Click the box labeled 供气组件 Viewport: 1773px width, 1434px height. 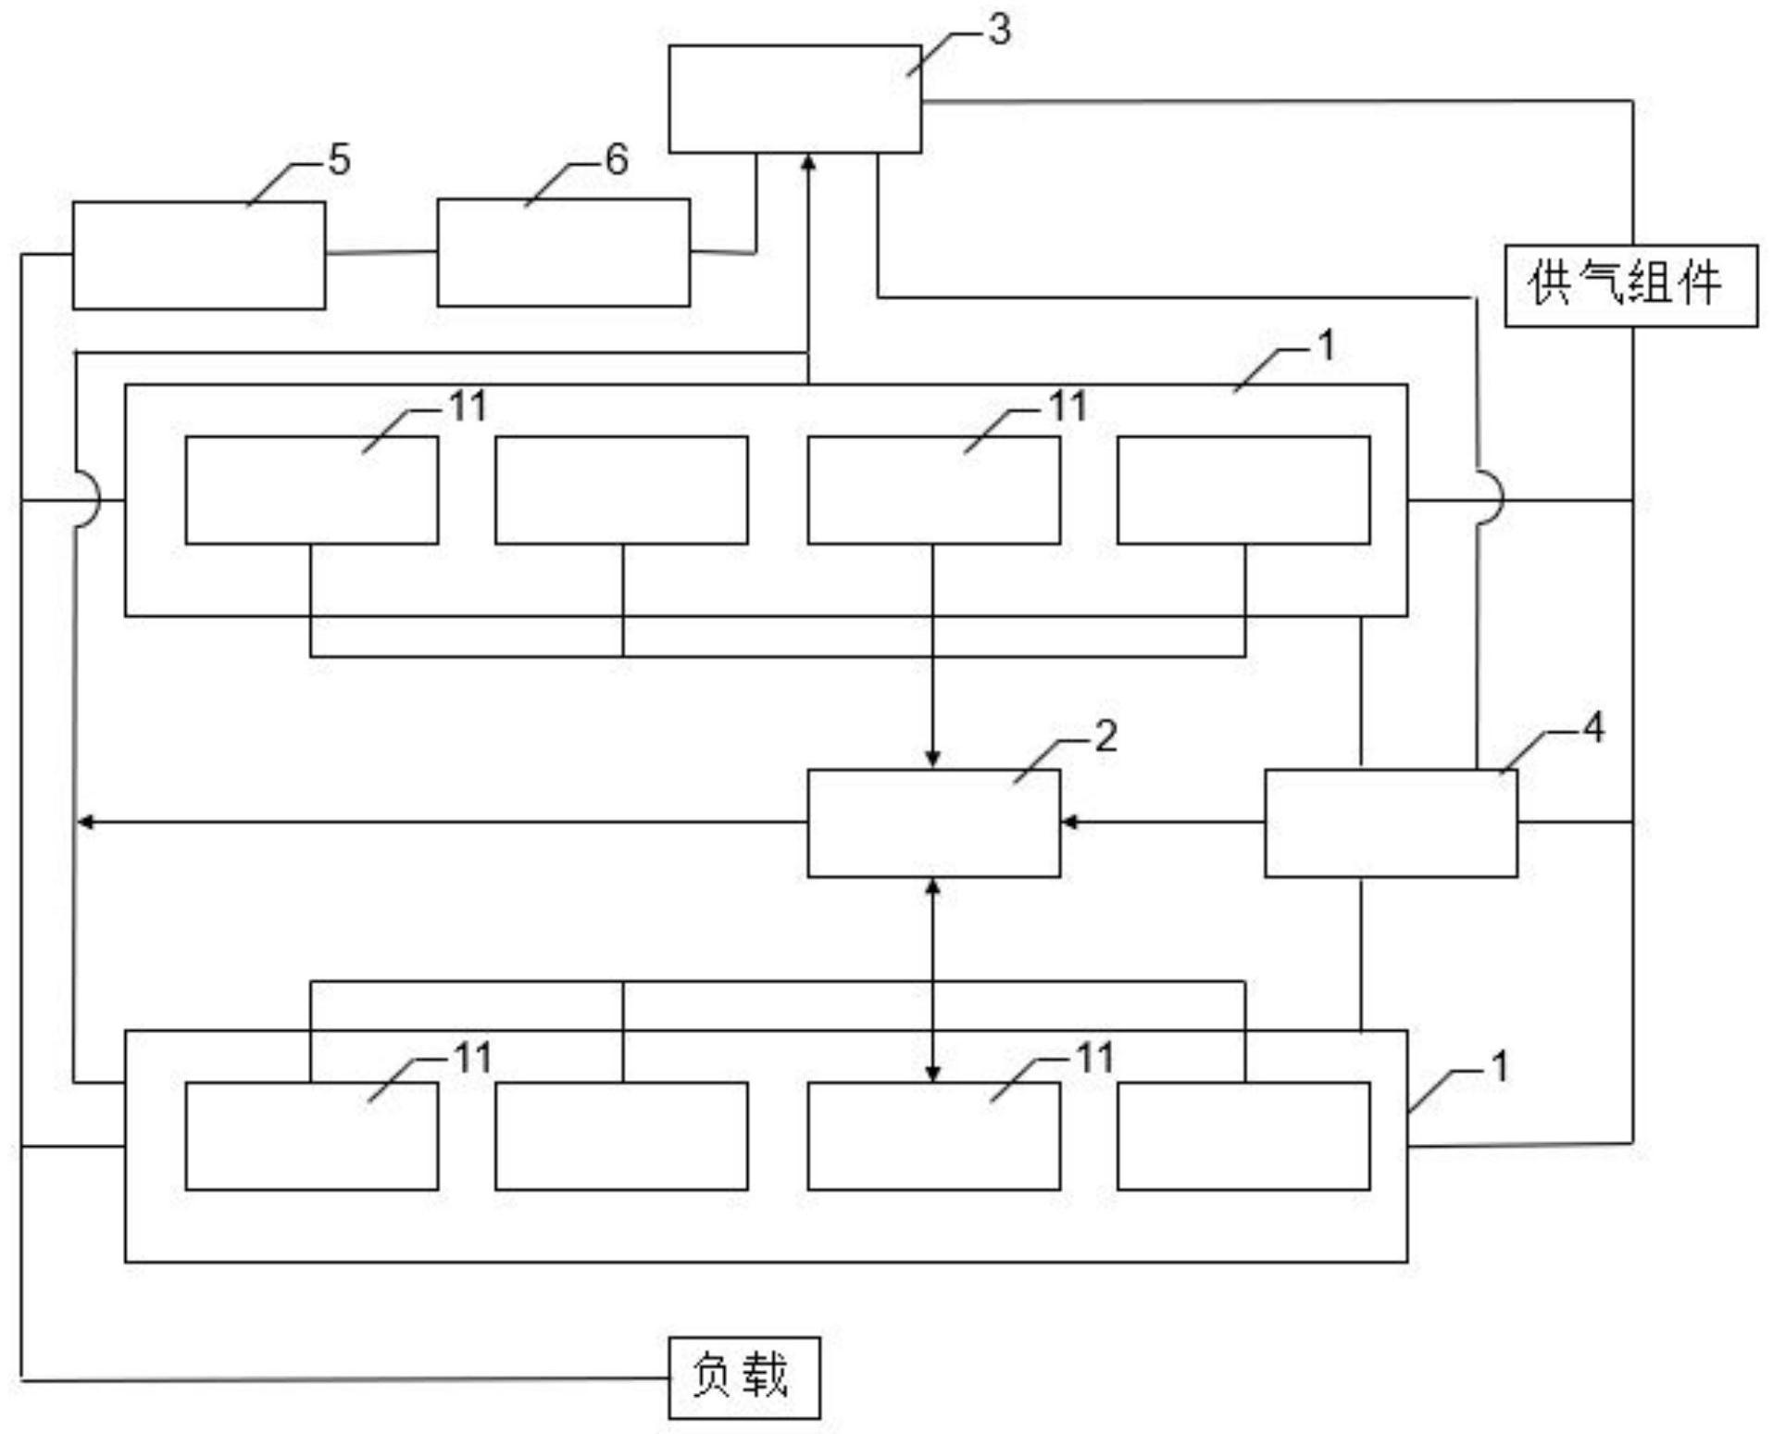(x=1630, y=285)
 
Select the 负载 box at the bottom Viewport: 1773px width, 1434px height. (x=743, y=1377)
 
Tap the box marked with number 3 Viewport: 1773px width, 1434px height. (x=794, y=99)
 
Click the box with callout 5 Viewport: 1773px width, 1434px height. (x=199, y=255)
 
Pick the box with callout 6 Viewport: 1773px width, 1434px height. (x=563, y=252)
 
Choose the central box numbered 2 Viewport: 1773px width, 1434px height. (x=933, y=823)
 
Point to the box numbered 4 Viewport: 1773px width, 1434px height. (x=1391, y=823)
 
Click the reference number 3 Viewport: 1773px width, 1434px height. (x=999, y=31)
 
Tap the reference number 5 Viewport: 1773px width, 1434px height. (x=339, y=160)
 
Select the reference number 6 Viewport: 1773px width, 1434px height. (x=617, y=159)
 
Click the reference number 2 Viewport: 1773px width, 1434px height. (x=1106, y=736)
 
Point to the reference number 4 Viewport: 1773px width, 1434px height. (x=1593, y=728)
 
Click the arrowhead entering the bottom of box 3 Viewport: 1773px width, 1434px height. (x=809, y=161)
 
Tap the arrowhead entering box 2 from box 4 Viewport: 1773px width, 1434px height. (x=1068, y=822)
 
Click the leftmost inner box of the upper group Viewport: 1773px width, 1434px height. (x=312, y=490)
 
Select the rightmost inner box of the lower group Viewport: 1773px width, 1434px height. (x=1243, y=1136)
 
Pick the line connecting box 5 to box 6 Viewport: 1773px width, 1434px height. (x=381, y=252)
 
